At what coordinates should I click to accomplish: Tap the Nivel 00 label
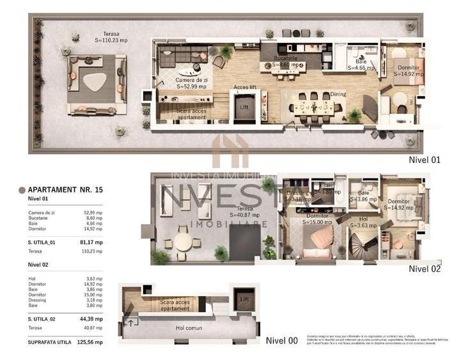pyautogui.click(x=281, y=341)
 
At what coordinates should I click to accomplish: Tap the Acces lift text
pyautogui.click(x=246, y=88)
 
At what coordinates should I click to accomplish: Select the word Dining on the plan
pyautogui.click(x=338, y=94)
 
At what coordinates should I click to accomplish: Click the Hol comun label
pyautogui.click(x=189, y=328)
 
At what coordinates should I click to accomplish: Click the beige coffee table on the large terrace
pyautogui.click(x=96, y=81)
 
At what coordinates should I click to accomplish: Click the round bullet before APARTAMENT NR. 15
pyautogui.click(x=22, y=190)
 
